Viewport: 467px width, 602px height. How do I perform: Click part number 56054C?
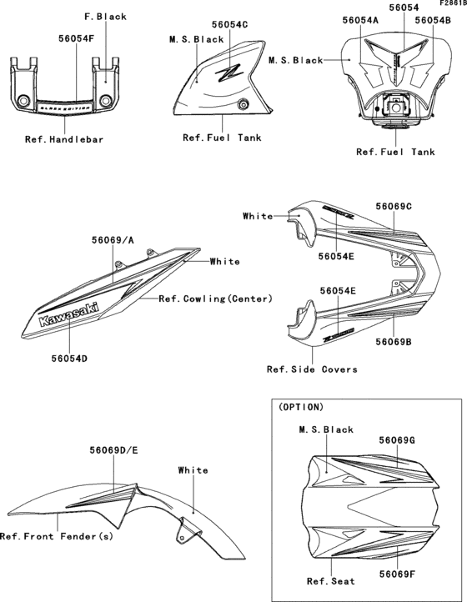pos(230,26)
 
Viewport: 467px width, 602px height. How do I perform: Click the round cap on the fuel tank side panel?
pos(243,103)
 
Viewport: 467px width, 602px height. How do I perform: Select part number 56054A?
pos(360,19)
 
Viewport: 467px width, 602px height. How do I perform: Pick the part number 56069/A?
pos(113,239)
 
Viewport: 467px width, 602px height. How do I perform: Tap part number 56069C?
pos(394,206)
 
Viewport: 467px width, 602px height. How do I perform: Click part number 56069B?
pos(394,342)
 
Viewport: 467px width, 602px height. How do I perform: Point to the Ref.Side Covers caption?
pos(312,369)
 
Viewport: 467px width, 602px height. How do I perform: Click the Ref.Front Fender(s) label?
pos(57,536)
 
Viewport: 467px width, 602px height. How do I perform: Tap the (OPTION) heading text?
pos(301,408)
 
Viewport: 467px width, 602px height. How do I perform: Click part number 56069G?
pos(397,439)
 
